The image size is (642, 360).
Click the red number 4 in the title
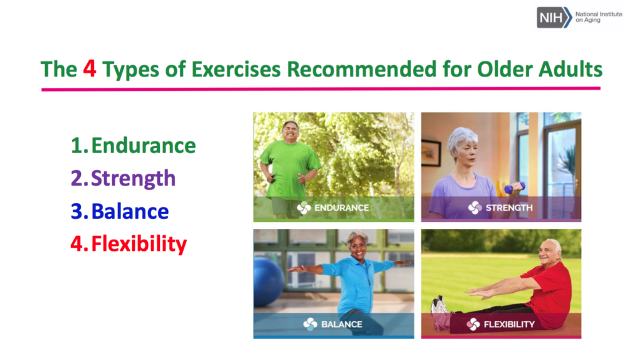(90, 68)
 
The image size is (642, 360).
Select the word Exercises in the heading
(236, 69)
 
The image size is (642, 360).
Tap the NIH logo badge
(554, 17)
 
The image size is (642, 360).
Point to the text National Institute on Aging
(599, 17)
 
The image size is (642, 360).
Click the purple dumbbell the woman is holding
(514, 188)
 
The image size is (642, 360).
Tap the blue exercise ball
(268, 282)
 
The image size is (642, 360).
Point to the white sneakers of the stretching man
(438, 305)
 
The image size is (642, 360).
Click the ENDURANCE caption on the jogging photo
(342, 208)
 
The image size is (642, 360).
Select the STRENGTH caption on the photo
(509, 208)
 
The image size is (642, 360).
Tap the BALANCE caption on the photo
(342, 324)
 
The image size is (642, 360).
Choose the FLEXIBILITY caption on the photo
(509, 324)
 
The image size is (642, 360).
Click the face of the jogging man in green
(291, 132)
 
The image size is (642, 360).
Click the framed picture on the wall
(431, 152)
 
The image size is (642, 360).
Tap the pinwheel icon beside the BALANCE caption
(310, 324)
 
